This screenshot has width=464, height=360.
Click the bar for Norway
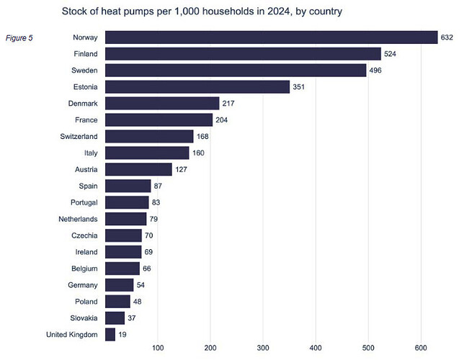click(271, 37)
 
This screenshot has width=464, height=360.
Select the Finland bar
click(243, 54)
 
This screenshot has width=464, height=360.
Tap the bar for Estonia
click(197, 87)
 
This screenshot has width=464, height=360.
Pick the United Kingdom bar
click(110, 334)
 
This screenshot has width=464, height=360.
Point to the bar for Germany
click(120, 285)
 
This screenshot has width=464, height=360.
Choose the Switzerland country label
click(78, 136)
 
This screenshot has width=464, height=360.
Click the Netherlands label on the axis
click(78, 219)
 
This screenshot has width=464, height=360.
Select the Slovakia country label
click(82, 318)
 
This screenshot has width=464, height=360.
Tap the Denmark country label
click(83, 103)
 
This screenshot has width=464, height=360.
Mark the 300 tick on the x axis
click(263, 349)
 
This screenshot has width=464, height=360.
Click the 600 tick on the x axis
click(420, 349)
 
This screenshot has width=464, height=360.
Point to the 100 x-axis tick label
click(158, 349)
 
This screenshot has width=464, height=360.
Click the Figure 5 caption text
click(21, 37)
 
